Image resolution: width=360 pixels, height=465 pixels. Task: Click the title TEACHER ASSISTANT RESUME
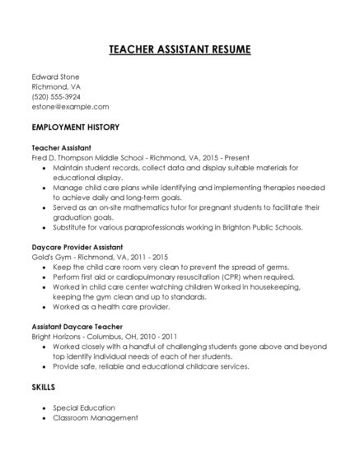tap(180, 50)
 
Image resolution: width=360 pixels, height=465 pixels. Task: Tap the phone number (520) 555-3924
tap(56, 96)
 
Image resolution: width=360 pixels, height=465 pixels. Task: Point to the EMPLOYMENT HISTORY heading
tap(75, 128)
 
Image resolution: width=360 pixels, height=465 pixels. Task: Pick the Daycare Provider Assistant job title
tap(77, 247)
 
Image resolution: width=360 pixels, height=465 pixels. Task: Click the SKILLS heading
tap(44, 387)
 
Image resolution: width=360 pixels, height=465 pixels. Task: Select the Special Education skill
tap(84, 407)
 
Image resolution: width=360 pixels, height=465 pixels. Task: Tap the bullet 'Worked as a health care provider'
tap(111, 307)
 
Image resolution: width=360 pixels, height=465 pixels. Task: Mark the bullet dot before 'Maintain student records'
tap(43, 168)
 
